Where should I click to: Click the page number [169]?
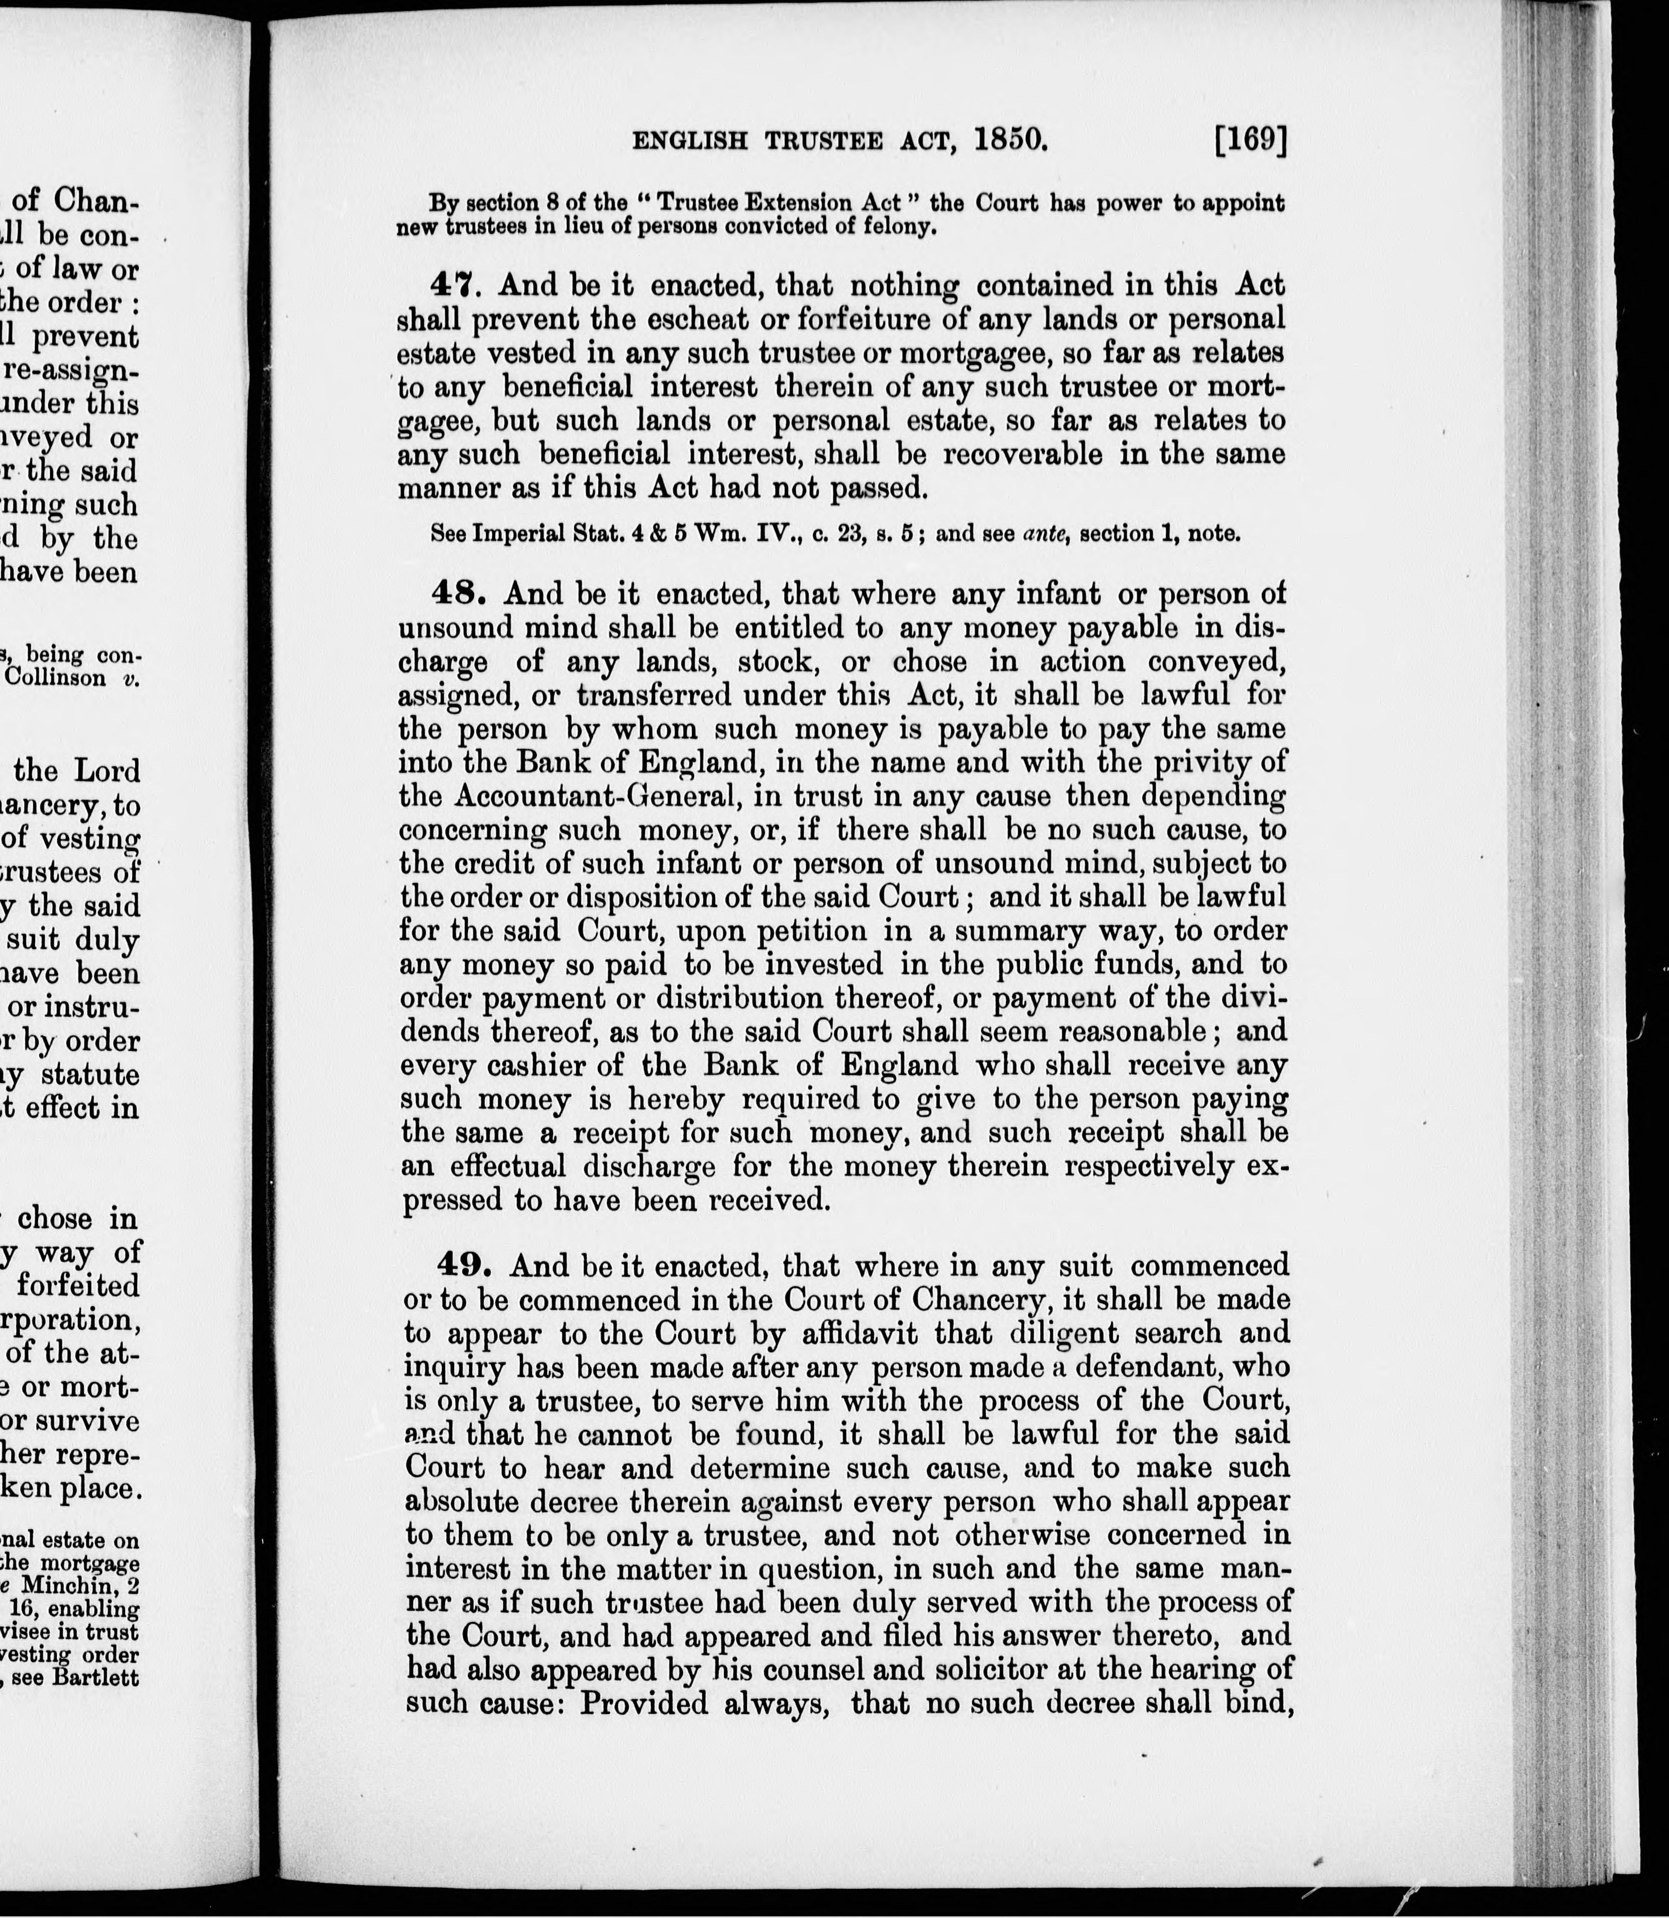1251,141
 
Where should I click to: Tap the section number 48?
459,594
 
